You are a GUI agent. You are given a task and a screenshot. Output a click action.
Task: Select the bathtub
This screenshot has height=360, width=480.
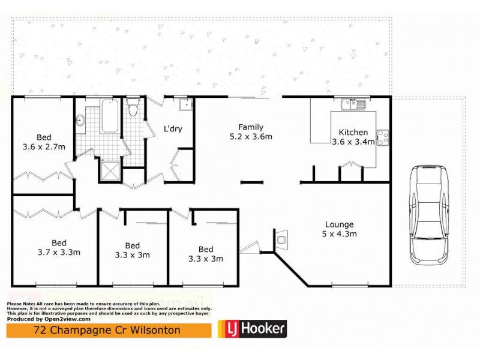point(109,118)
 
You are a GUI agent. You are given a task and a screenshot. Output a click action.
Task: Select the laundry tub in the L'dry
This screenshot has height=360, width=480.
point(185,105)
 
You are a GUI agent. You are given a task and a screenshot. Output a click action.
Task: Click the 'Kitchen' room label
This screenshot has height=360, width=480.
point(353,133)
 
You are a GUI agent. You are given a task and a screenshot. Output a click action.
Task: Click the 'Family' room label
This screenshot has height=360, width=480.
point(250,127)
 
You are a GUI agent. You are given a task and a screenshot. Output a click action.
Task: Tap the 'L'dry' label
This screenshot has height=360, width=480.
point(173,128)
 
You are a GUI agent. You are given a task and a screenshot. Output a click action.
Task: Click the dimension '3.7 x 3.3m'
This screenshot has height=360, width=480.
point(59,252)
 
